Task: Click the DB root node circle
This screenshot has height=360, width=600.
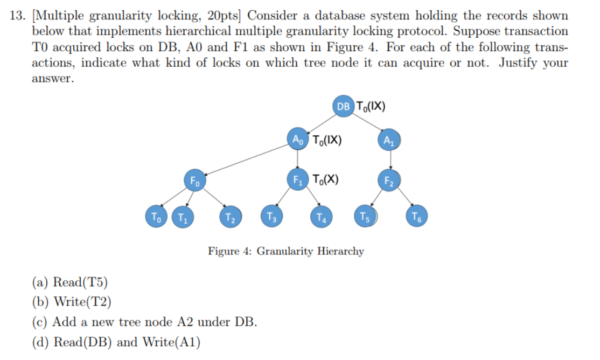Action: [x=343, y=106]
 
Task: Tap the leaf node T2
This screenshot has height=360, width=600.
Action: [x=230, y=218]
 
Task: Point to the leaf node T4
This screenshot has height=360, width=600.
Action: [x=322, y=218]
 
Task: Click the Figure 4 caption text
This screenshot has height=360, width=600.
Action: [x=286, y=251]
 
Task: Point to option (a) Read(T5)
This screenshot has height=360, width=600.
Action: [x=70, y=282]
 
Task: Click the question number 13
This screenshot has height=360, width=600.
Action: [x=17, y=16]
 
